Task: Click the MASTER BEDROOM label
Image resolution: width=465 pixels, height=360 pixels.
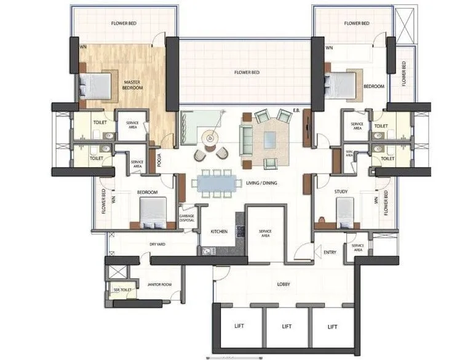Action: point(133,85)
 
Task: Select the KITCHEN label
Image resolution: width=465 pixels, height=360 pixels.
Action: point(220,231)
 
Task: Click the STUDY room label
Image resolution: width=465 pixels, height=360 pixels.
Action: point(341,192)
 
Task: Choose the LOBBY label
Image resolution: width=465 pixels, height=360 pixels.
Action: point(284,284)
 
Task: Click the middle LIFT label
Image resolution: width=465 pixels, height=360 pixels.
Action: point(287,327)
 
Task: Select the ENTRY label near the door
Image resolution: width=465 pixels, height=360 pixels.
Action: point(330,252)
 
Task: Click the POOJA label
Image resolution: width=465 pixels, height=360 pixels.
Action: point(159,160)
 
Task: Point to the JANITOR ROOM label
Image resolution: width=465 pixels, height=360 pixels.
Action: point(159,284)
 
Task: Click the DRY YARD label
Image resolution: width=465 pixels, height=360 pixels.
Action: point(158,244)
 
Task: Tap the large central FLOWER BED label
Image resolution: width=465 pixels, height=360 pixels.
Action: point(247,72)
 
